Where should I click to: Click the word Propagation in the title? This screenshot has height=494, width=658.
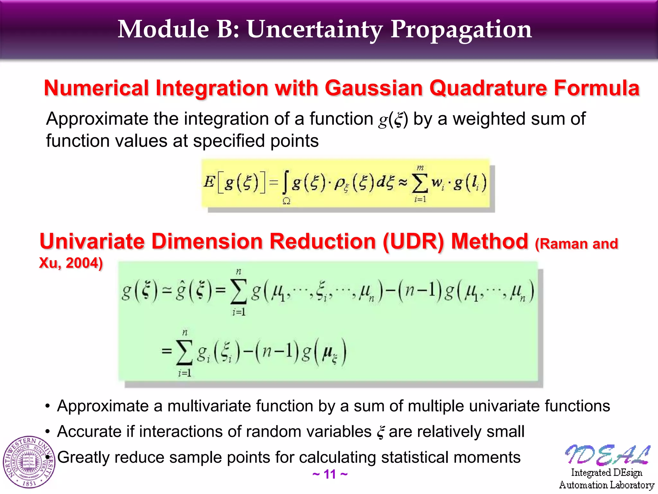(x=461, y=30)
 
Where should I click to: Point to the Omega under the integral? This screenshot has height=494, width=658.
(x=286, y=201)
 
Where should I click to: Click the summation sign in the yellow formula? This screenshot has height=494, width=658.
(x=420, y=183)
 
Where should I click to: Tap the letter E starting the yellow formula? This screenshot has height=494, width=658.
(x=209, y=182)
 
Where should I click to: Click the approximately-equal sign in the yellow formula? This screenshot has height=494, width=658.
(x=403, y=182)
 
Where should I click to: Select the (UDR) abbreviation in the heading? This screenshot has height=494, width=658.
(x=413, y=242)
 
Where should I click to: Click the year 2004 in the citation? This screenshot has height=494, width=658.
(x=84, y=263)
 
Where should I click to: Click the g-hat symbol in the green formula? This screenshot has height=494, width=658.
(x=181, y=291)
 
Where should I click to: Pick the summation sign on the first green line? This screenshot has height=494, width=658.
(x=238, y=291)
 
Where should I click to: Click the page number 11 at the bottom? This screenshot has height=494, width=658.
(x=330, y=474)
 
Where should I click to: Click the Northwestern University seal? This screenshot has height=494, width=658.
(x=29, y=462)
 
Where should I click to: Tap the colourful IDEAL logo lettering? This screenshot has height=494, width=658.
(x=607, y=455)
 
